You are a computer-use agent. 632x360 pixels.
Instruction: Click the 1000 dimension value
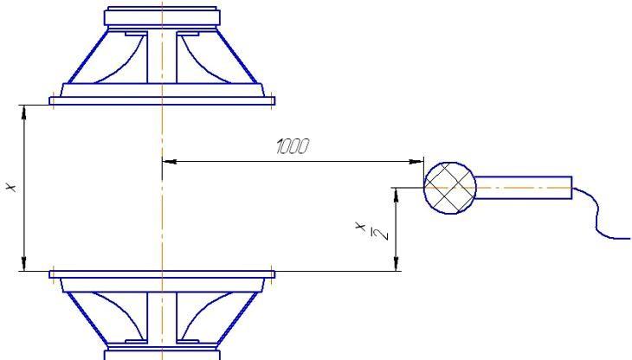tap(293, 146)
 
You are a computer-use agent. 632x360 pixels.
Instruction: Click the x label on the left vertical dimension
tap(12, 187)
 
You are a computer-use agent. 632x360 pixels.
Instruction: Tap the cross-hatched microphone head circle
tap(450, 188)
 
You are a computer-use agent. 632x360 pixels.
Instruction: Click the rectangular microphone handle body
tap(523, 188)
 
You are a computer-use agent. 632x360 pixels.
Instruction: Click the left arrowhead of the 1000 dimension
tap(170, 162)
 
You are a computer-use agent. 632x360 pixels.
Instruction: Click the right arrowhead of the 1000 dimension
tap(416, 162)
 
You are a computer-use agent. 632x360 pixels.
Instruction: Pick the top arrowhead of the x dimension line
tap(24, 112)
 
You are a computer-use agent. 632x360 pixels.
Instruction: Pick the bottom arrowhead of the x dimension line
tap(24, 264)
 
